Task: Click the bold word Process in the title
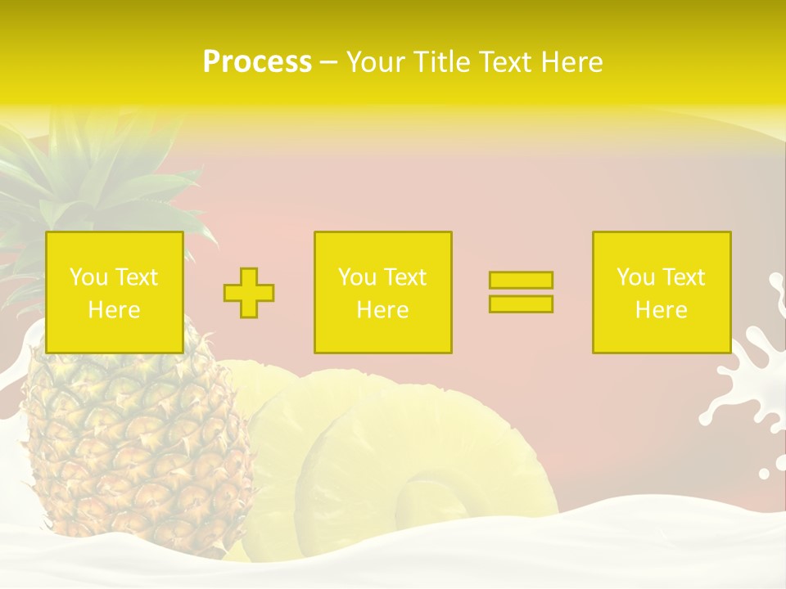tap(257, 62)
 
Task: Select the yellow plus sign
tap(249, 293)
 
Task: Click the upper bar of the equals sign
tap(521, 280)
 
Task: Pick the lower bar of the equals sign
tap(521, 304)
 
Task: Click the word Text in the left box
tap(137, 277)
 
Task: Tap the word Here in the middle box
tap(382, 310)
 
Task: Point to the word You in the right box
tap(635, 277)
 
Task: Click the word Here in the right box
tap(661, 310)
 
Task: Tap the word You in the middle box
tap(356, 277)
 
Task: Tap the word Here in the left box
tap(114, 310)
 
